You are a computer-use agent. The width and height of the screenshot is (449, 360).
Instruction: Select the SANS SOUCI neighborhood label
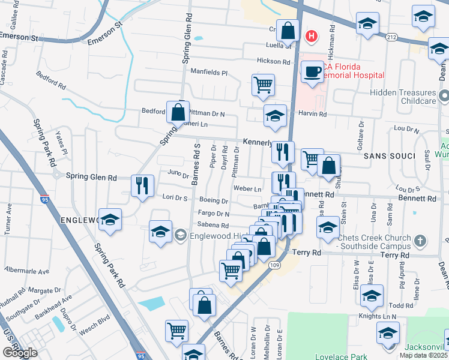(x=389, y=156)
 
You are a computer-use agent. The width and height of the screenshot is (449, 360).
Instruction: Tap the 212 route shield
(x=391, y=37)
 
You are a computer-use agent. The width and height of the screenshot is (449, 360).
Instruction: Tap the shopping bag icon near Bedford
(x=178, y=112)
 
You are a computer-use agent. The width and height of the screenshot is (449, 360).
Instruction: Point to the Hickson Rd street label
(x=273, y=61)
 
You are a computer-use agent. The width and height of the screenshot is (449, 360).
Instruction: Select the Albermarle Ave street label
(x=28, y=272)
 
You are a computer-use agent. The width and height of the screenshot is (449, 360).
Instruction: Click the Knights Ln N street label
(x=378, y=316)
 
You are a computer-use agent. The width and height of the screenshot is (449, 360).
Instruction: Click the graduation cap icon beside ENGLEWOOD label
(x=110, y=220)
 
